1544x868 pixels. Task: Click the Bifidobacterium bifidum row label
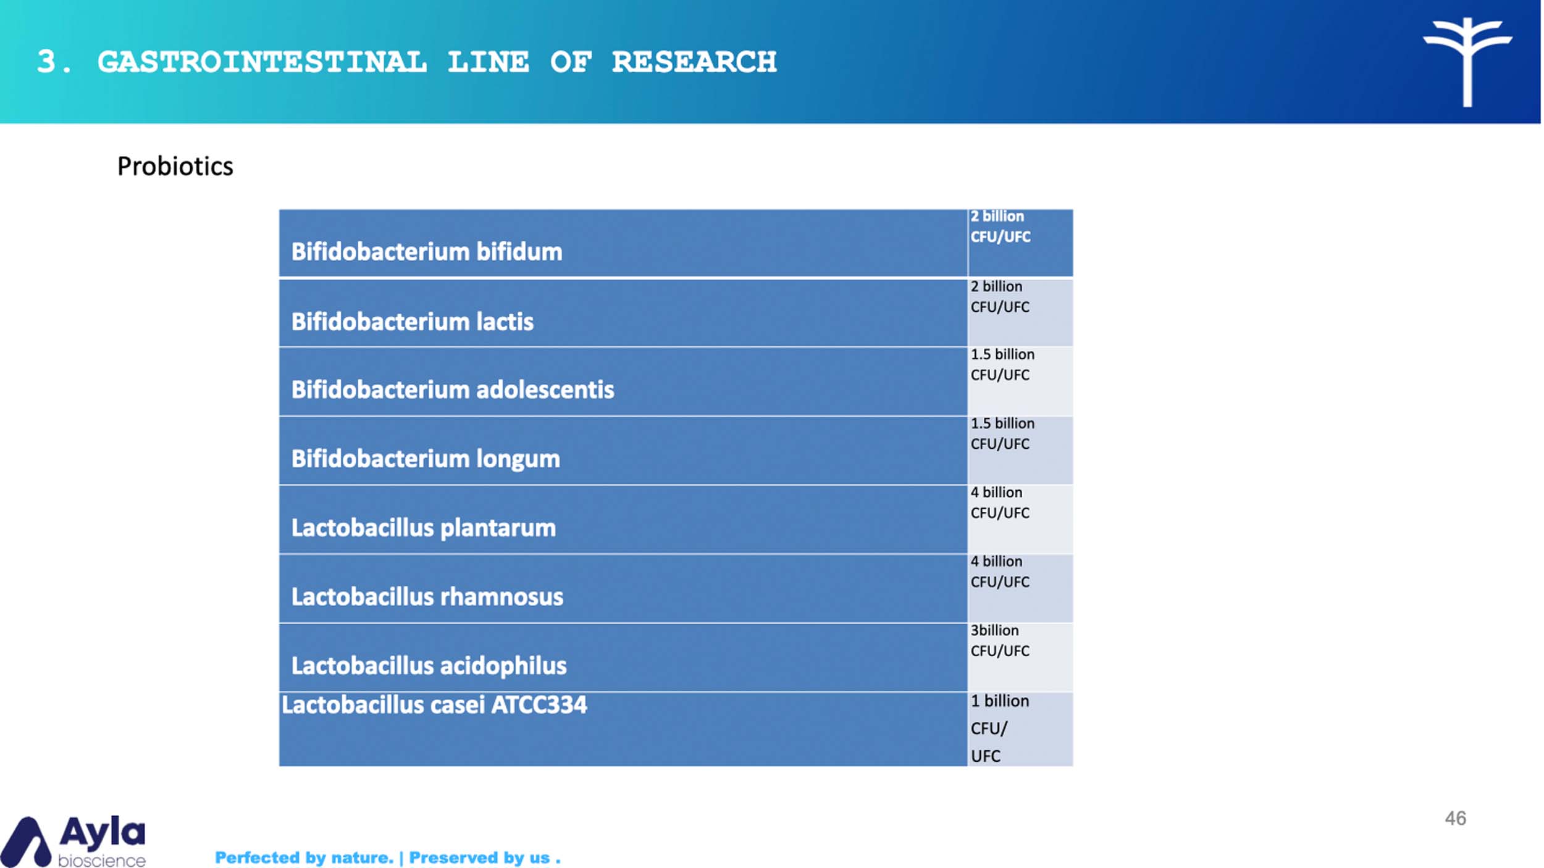[427, 252]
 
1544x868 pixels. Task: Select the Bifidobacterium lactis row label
[413, 322]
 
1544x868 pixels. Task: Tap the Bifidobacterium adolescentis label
[453, 390]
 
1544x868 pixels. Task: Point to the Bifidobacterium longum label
[426, 459]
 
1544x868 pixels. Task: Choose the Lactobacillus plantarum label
[424, 528]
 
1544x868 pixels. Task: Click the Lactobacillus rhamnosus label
[427, 597]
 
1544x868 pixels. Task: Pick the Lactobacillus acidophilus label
[429, 666]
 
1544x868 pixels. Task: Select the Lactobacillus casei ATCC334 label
[434, 705]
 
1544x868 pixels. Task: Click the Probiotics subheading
[175, 167]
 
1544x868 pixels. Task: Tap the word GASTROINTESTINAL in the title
[262, 62]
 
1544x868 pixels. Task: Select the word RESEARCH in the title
[694, 62]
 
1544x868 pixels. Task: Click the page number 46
[1456, 819]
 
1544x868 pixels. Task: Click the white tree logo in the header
[1467, 62]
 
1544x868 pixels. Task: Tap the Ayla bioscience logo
[73, 841]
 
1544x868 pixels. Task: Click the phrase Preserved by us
[480, 858]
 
